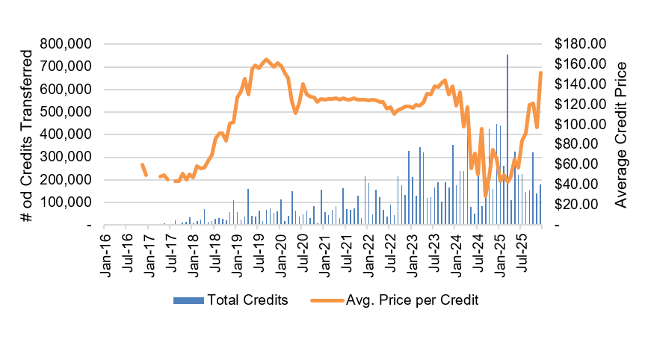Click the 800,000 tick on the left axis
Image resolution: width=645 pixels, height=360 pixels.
click(x=67, y=44)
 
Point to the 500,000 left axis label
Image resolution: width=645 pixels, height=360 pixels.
click(x=67, y=112)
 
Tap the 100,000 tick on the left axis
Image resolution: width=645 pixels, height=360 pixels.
click(x=67, y=202)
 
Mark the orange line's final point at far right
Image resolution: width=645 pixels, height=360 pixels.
click(x=540, y=72)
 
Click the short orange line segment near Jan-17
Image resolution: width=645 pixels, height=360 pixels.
click(x=143, y=170)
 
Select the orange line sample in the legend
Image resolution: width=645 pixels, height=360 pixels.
click(x=322, y=300)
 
